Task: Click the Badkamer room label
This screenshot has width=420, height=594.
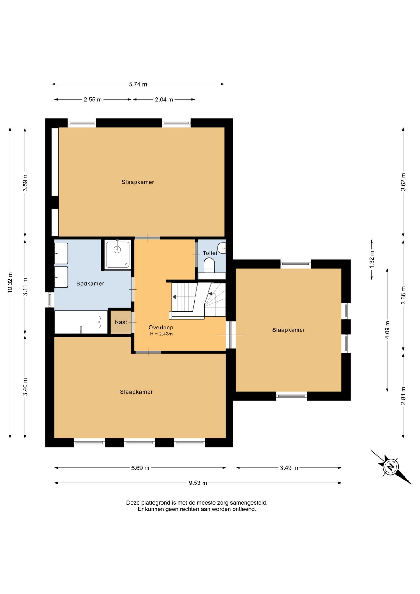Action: (x=90, y=283)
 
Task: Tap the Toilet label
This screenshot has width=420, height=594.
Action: (x=210, y=253)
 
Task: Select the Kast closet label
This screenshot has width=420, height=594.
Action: (x=121, y=322)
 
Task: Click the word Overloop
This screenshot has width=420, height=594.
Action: (x=161, y=327)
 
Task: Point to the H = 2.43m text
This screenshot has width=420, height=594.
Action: (x=161, y=334)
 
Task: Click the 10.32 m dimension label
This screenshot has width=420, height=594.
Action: (x=10, y=282)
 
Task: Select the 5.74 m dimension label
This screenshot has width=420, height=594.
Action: (x=138, y=84)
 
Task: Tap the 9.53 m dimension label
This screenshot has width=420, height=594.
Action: (x=198, y=483)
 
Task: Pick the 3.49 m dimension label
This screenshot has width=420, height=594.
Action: (x=289, y=468)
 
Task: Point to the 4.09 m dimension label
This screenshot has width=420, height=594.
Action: (x=387, y=330)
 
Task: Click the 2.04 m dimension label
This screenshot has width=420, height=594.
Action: (x=164, y=100)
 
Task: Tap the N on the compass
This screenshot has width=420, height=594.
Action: (x=391, y=467)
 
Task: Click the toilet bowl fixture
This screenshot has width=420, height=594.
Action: (x=209, y=265)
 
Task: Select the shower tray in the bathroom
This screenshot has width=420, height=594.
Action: (x=118, y=255)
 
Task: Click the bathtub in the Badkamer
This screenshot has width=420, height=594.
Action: (x=81, y=322)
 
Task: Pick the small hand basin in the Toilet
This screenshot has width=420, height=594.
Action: (x=222, y=248)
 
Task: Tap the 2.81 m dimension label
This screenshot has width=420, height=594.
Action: (x=403, y=396)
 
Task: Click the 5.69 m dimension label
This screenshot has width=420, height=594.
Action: (x=140, y=468)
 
